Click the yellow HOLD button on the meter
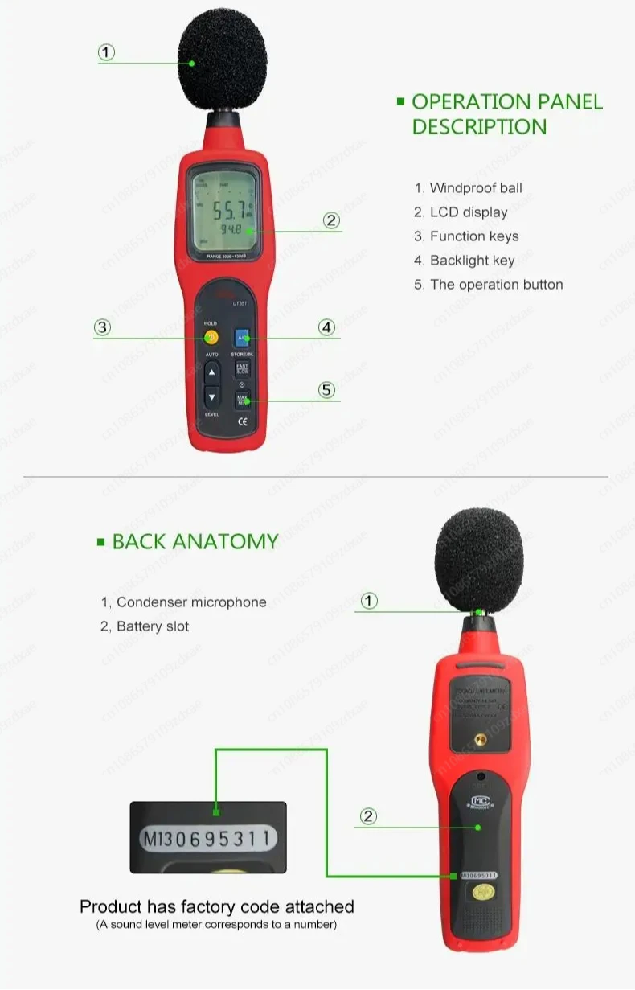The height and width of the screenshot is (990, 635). (x=211, y=338)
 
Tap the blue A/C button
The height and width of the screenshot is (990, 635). (x=242, y=338)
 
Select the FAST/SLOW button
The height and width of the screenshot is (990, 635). (x=242, y=369)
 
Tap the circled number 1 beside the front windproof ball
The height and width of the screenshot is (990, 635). (x=106, y=53)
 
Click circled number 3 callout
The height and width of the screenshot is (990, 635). (x=101, y=327)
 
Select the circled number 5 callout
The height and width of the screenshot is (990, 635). (x=326, y=390)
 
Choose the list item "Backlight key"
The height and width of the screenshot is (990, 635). (x=472, y=261)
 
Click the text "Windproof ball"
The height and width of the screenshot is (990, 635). (x=476, y=188)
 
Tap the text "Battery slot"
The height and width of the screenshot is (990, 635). (x=153, y=626)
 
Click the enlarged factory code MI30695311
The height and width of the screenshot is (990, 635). (x=208, y=840)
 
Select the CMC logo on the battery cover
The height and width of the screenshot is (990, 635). (x=480, y=801)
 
